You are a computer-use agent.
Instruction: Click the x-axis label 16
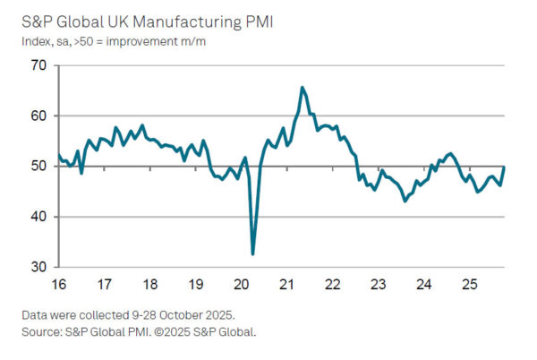tap(58, 284)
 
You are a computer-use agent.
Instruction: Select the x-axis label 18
tap(149, 284)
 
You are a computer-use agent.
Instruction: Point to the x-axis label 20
tap(241, 284)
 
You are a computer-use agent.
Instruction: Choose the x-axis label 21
tap(286, 284)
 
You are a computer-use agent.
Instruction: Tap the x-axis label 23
tap(377, 284)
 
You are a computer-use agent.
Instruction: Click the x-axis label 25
tap(468, 284)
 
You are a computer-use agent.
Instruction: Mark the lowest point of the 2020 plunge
tap(252, 254)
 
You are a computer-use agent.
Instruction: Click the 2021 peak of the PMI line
tap(302, 87)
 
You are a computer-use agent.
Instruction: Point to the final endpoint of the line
tap(504, 167)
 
